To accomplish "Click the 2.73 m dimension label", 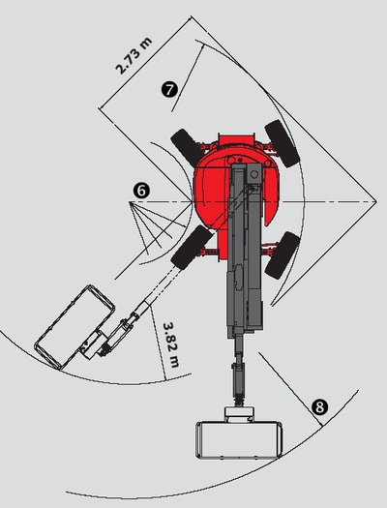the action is pyautogui.click(x=134, y=56).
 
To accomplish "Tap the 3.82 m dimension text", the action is pyautogui.click(x=171, y=345).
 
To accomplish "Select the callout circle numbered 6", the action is pyautogui.click(x=141, y=191).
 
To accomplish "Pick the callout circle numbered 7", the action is pyautogui.click(x=169, y=89).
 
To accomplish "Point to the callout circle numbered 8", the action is pyautogui.click(x=319, y=407).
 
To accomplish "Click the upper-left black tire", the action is pyautogui.click(x=188, y=147).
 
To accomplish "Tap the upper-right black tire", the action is pyautogui.click(x=283, y=143).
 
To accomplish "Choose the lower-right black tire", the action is pyautogui.click(x=283, y=255).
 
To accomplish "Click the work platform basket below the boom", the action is pyautogui.click(x=238, y=439).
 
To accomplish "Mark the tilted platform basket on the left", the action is pyautogui.click(x=74, y=327).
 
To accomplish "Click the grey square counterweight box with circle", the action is pyautogui.click(x=253, y=174).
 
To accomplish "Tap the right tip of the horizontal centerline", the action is pyautogui.click(x=376, y=202).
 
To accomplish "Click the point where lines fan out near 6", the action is pyautogui.click(x=130, y=202).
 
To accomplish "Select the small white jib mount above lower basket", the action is pyautogui.click(x=239, y=412).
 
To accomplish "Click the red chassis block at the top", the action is pyautogui.click(x=236, y=140).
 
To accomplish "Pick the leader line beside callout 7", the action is pyautogui.click(x=188, y=77).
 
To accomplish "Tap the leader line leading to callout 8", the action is pyautogui.click(x=290, y=389).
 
